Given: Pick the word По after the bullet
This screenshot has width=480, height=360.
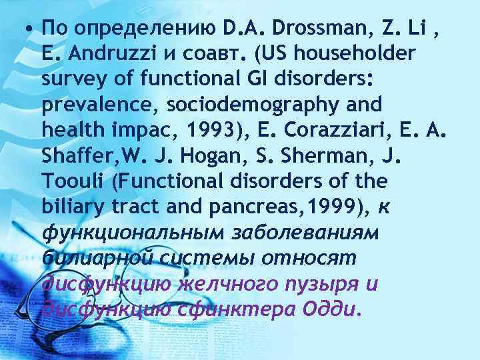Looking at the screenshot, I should (53, 29).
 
